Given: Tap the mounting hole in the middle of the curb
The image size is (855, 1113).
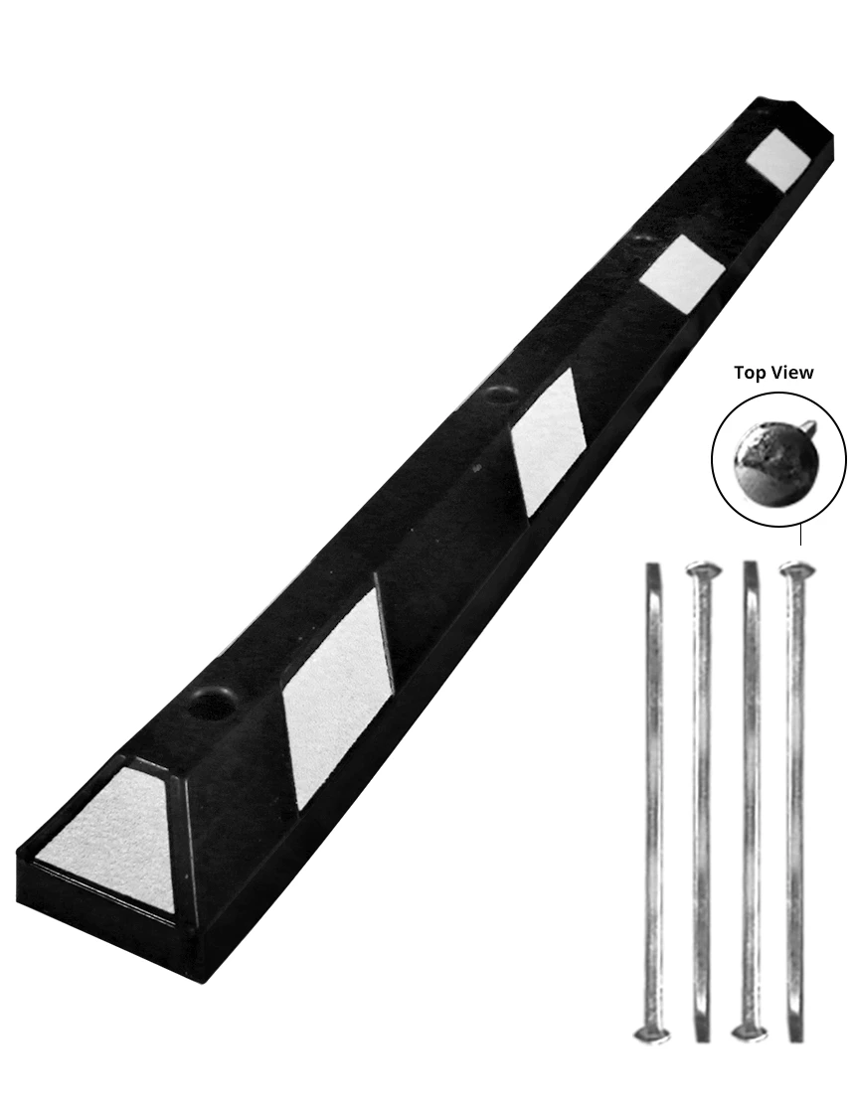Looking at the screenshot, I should (x=497, y=397).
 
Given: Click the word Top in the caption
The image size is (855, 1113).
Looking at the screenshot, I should (x=751, y=373).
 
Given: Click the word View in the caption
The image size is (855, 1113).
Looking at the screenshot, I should (x=792, y=373).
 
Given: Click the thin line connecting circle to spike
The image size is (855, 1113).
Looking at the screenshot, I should (x=800, y=536).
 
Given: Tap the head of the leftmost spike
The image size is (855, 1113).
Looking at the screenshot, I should (x=651, y=1033).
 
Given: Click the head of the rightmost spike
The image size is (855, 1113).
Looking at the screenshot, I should (x=796, y=569).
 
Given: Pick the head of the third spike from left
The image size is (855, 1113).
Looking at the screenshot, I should (x=748, y=1033).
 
